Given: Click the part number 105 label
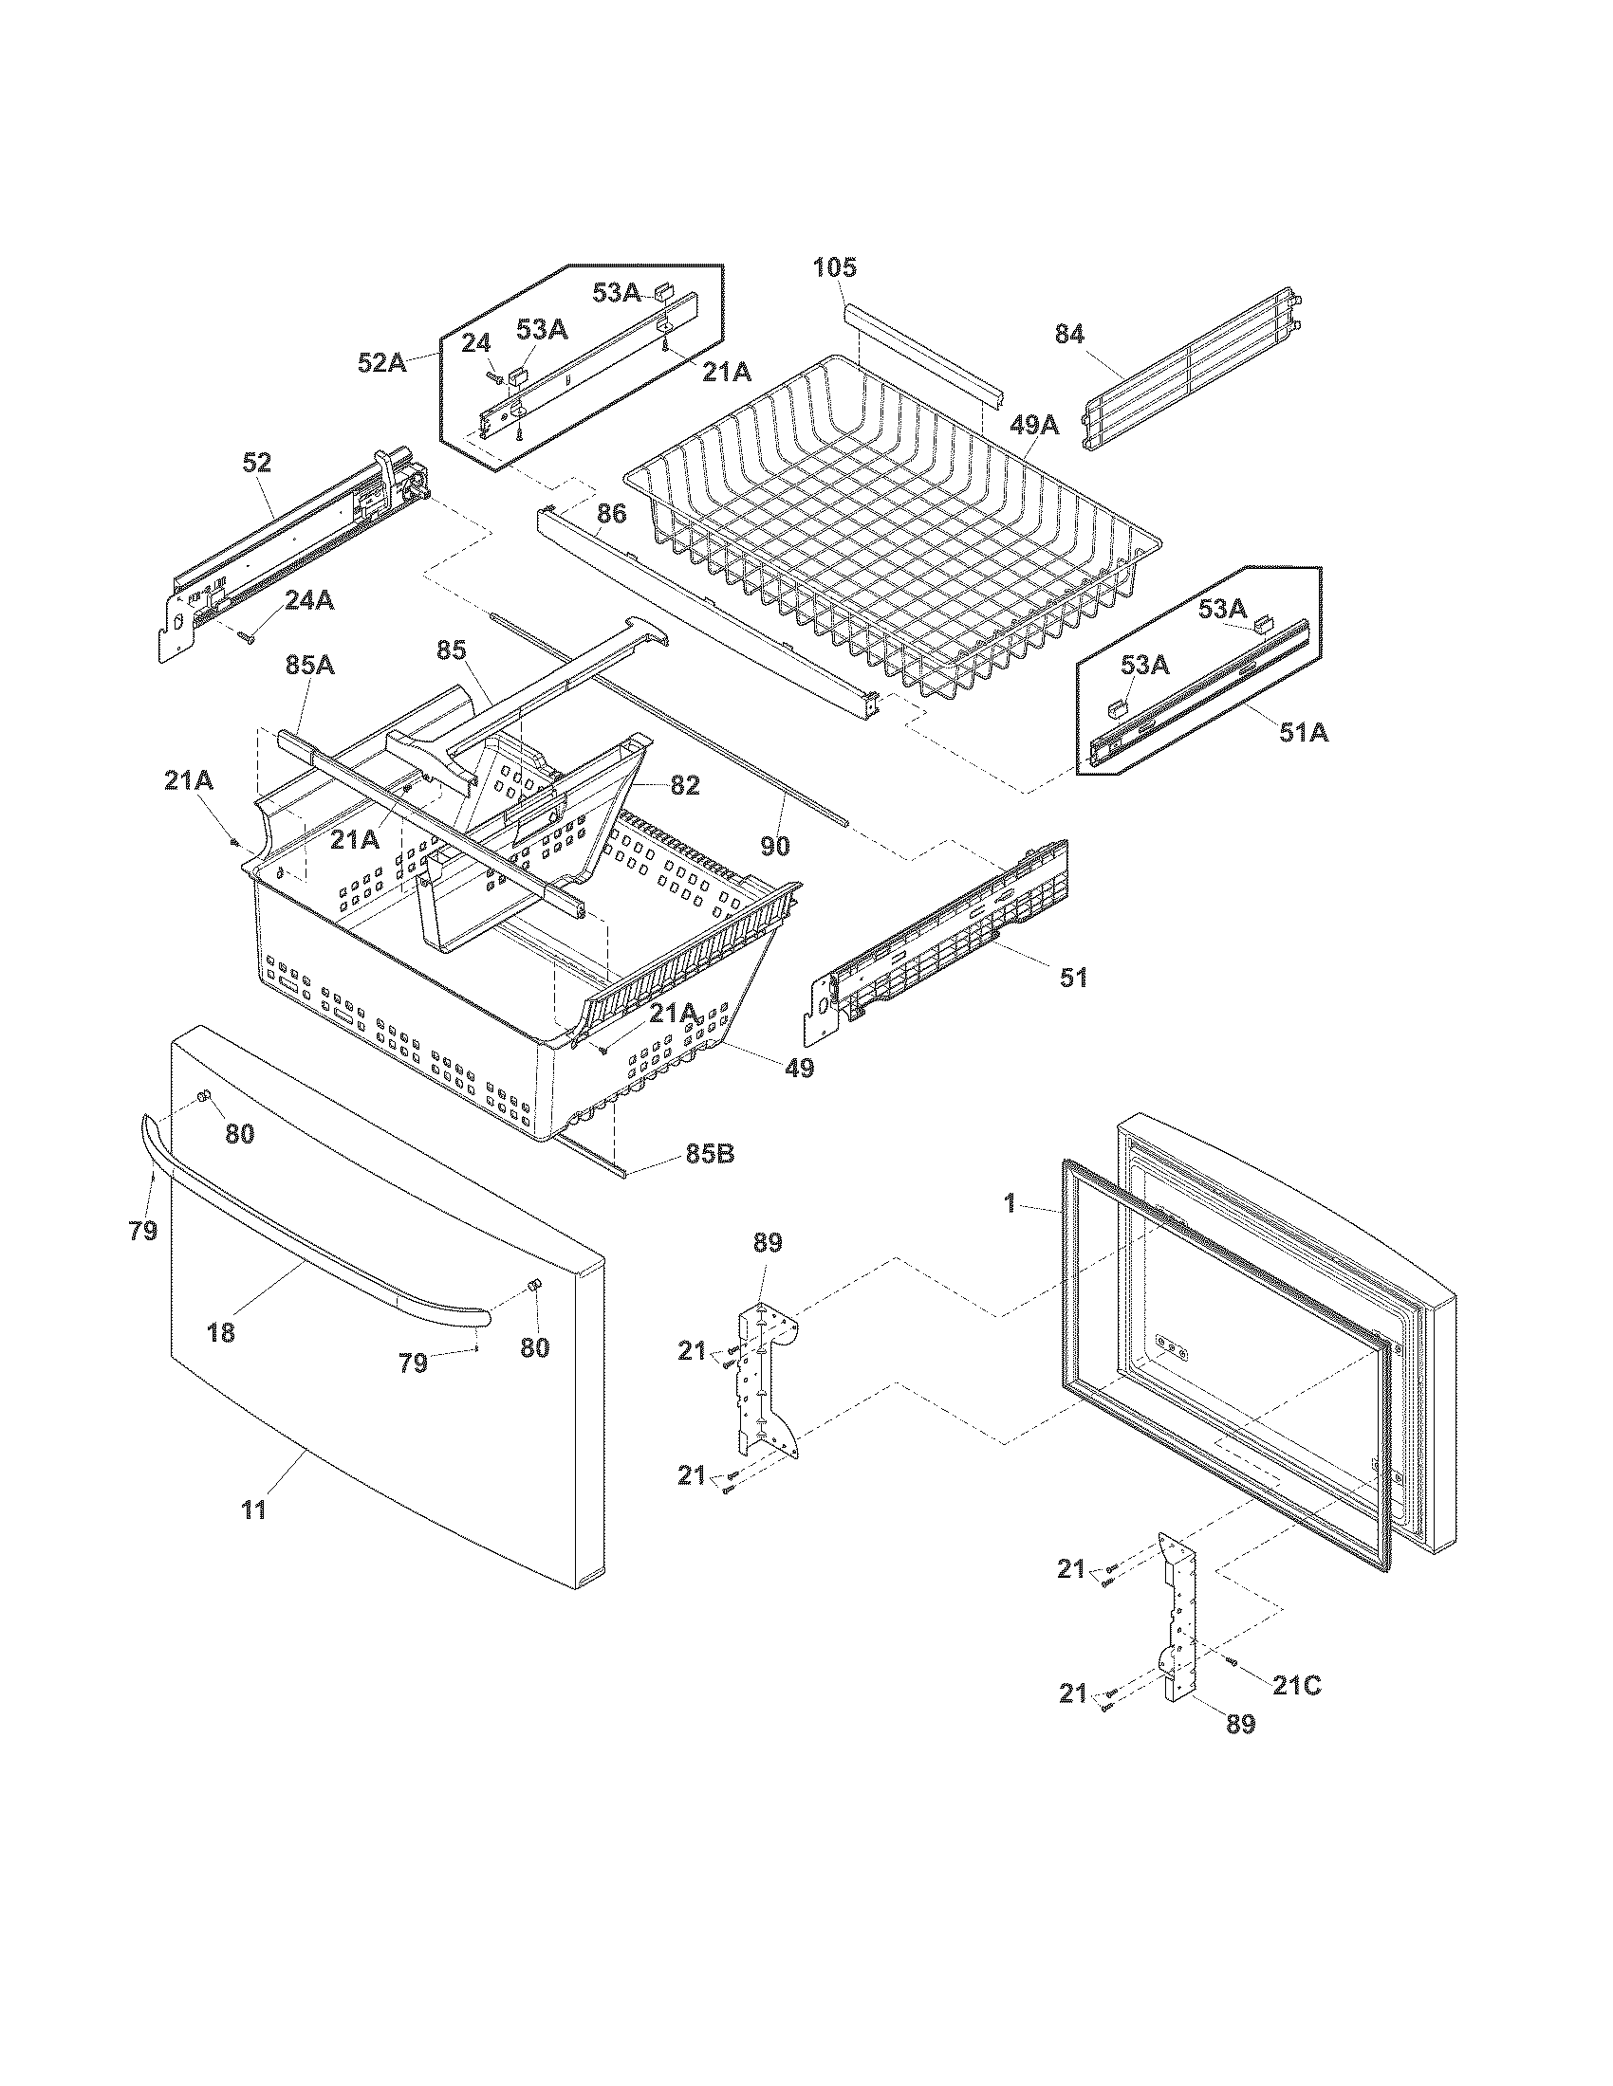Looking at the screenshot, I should tap(835, 266).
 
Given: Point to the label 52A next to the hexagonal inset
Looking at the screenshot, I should tap(382, 362).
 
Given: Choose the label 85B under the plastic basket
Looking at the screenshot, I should tap(709, 1154).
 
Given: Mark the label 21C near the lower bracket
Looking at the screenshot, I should tap(1296, 1687).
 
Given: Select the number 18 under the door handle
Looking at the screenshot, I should tap(221, 1331).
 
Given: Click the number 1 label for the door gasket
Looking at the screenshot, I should tap(1010, 1203).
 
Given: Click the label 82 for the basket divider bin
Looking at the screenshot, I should tap(684, 785).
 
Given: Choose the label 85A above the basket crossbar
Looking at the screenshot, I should tap(308, 665).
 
